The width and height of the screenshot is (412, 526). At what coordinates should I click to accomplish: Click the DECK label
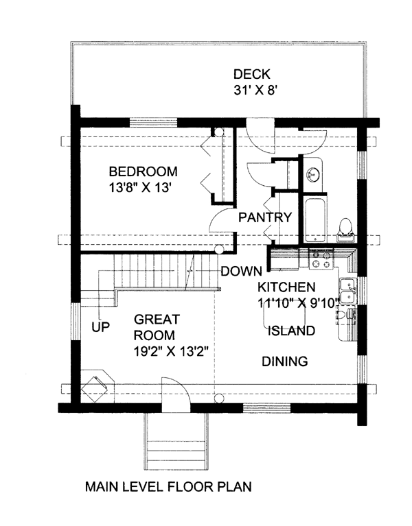click(x=252, y=74)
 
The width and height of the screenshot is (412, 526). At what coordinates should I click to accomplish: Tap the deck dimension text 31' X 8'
click(x=255, y=91)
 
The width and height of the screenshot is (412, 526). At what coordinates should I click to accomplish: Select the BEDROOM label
click(x=144, y=171)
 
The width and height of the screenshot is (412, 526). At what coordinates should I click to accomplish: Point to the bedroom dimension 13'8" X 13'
click(x=141, y=188)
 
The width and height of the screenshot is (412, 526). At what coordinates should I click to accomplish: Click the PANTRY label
click(x=265, y=217)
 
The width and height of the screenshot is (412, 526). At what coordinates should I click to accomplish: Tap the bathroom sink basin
click(x=313, y=174)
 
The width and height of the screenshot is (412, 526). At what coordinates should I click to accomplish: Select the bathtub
click(x=315, y=219)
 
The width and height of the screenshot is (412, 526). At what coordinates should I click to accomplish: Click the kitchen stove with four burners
click(x=321, y=259)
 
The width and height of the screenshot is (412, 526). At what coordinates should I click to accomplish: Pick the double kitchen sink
click(x=348, y=291)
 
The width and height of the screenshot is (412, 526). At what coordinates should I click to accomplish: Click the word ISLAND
click(x=291, y=331)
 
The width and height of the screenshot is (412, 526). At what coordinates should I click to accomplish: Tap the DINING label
click(x=285, y=361)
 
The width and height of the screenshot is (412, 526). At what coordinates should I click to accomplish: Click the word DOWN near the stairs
click(x=242, y=271)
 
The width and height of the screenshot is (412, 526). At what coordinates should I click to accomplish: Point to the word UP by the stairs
click(x=101, y=326)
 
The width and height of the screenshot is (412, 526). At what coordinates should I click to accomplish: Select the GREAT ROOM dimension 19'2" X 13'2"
click(x=171, y=352)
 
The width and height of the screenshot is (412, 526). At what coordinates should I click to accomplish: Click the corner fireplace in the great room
click(x=98, y=387)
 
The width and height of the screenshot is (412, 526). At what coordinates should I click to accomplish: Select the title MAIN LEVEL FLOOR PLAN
click(x=168, y=486)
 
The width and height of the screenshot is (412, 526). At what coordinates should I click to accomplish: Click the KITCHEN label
click(x=286, y=287)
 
